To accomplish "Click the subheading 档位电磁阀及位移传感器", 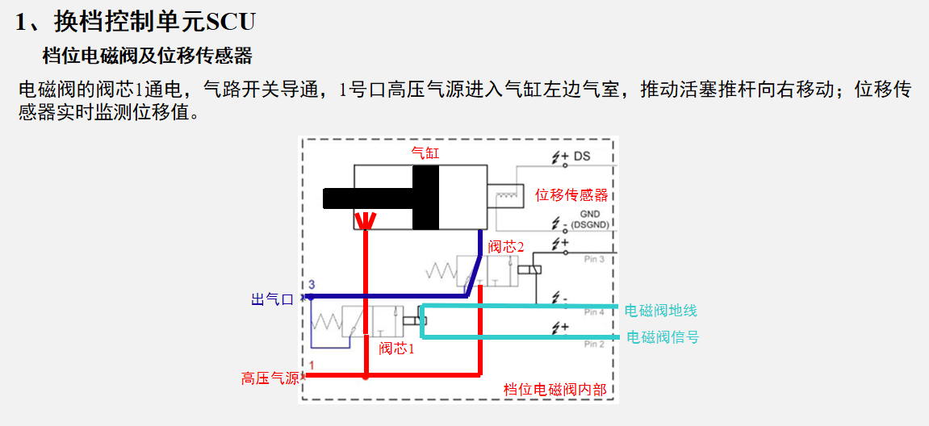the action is click(x=148, y=56).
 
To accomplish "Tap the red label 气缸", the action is click(x=425, y=152).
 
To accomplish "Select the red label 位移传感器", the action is click(x=571, y=195).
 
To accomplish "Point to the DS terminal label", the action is click(x=582, y=156).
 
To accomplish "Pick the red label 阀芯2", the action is click(x=505, y=246).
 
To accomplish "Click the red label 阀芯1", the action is click(x=396, y=349).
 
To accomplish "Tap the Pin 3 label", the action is click(x=594, y=259).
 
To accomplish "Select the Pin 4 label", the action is click(x=594, y=311).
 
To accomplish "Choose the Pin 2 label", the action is click(x=594, y=344).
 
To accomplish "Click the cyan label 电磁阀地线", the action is click(x=660, y=311).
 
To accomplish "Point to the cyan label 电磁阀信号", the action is click(x=663, y=338).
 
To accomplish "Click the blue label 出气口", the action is click(x=273, y=300).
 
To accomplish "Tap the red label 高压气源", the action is click(x=270, y=378).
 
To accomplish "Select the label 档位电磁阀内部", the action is click(x=554, y=390).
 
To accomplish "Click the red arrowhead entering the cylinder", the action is click(x=365, y=221).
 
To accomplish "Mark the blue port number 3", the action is click(x=310, y=286).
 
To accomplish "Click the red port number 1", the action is click(x=310, y=365).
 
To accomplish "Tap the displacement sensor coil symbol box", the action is click(x=505, y=196).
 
